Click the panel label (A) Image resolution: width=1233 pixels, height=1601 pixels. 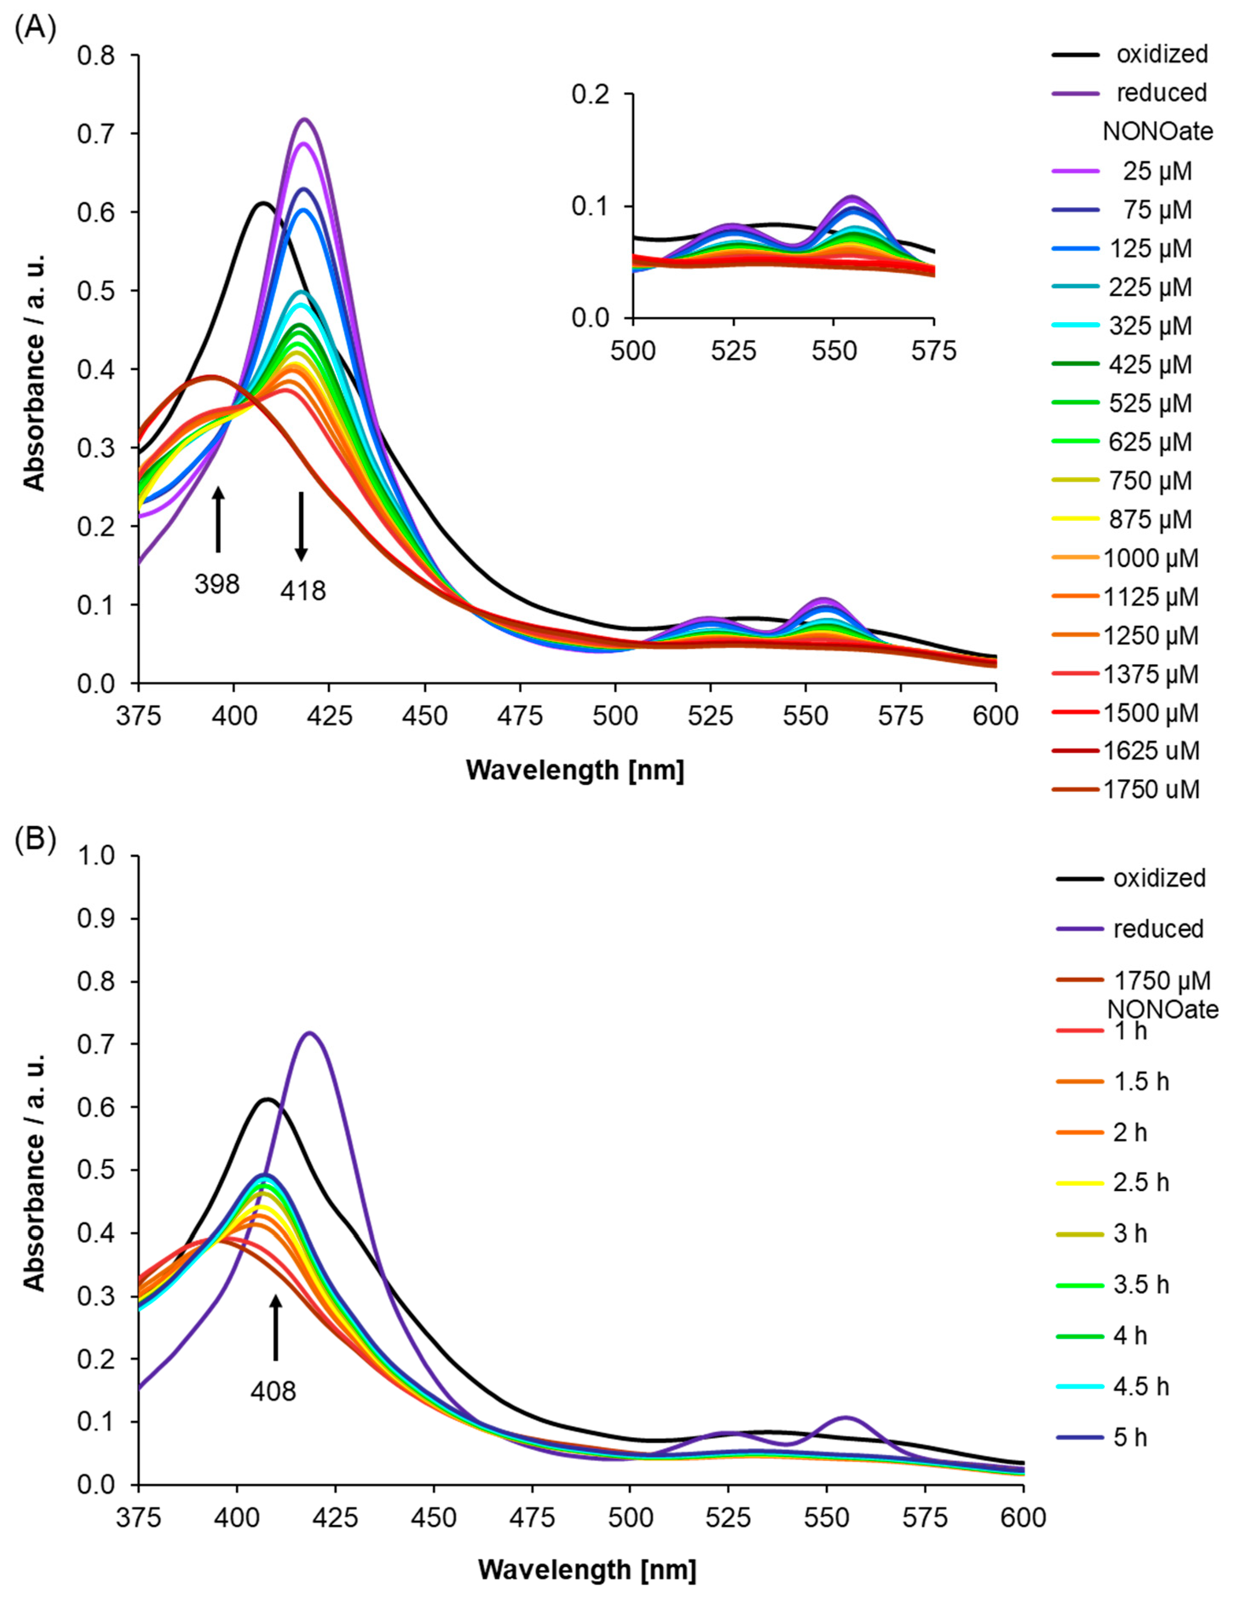click(35, 31)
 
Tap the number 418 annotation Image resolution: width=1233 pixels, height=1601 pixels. click(303, 590)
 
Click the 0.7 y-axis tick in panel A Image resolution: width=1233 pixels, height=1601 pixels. click(98, 133)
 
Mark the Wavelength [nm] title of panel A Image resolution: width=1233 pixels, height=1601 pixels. click(575, 770)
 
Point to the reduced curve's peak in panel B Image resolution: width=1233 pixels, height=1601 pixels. click(309, 1033)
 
